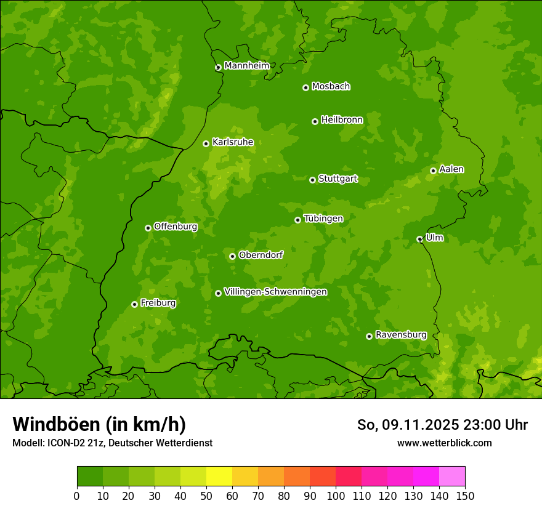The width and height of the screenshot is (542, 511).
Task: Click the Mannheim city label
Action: click(247, 66)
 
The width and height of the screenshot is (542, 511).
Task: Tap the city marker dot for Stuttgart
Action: click(312, 180)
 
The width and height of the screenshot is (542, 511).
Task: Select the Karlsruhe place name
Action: click(233, 142)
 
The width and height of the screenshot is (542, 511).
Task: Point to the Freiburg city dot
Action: click(134, 304)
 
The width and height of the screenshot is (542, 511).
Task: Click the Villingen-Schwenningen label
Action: click(276, 292)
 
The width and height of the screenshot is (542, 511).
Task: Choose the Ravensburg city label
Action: click(401, 335)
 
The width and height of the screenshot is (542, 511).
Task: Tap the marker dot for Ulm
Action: click(419, 239)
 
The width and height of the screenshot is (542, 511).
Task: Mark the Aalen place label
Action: click(451, 169)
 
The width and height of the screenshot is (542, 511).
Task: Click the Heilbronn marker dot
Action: click(315, 121)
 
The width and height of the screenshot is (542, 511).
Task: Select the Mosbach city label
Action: click(331, 87)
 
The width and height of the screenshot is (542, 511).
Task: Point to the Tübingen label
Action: click(323, 219)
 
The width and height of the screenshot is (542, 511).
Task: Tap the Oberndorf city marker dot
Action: click(232, 256)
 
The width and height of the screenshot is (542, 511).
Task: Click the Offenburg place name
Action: click(176, 227)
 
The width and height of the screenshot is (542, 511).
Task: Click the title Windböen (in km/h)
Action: click(99, 424)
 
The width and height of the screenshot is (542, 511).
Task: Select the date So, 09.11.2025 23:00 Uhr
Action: click(442, 425)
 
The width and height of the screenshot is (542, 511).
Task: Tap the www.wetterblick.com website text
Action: click(444, 443)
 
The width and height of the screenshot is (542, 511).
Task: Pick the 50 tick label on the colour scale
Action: click(206, 496)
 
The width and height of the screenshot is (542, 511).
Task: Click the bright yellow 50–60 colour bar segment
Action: click(219, 477)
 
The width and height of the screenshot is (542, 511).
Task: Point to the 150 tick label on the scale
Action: click(465, 496)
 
